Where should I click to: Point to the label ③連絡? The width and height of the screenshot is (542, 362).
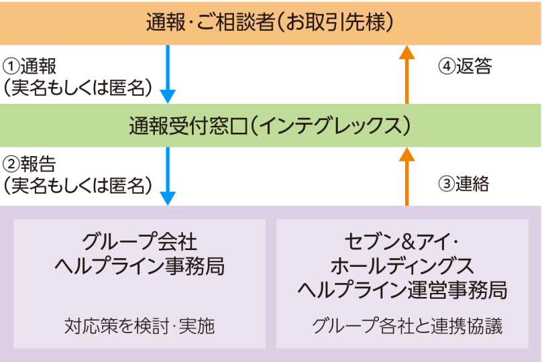click(464, 184)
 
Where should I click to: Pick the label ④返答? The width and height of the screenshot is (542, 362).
click(465, 66)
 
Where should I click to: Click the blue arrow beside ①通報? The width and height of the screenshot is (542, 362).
click(168, 74)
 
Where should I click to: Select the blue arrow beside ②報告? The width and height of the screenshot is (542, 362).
click(168, 176)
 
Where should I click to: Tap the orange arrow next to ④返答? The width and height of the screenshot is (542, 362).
click(406, 74)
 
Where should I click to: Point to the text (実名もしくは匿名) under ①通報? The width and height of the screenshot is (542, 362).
click(78, 87)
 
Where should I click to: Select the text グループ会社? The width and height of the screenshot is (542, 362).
click(140, 242)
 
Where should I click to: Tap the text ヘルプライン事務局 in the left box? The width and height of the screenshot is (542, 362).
click(140, 267)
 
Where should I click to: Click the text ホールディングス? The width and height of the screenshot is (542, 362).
click(402, 265)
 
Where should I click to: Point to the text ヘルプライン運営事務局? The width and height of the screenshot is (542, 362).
click(402, 290)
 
